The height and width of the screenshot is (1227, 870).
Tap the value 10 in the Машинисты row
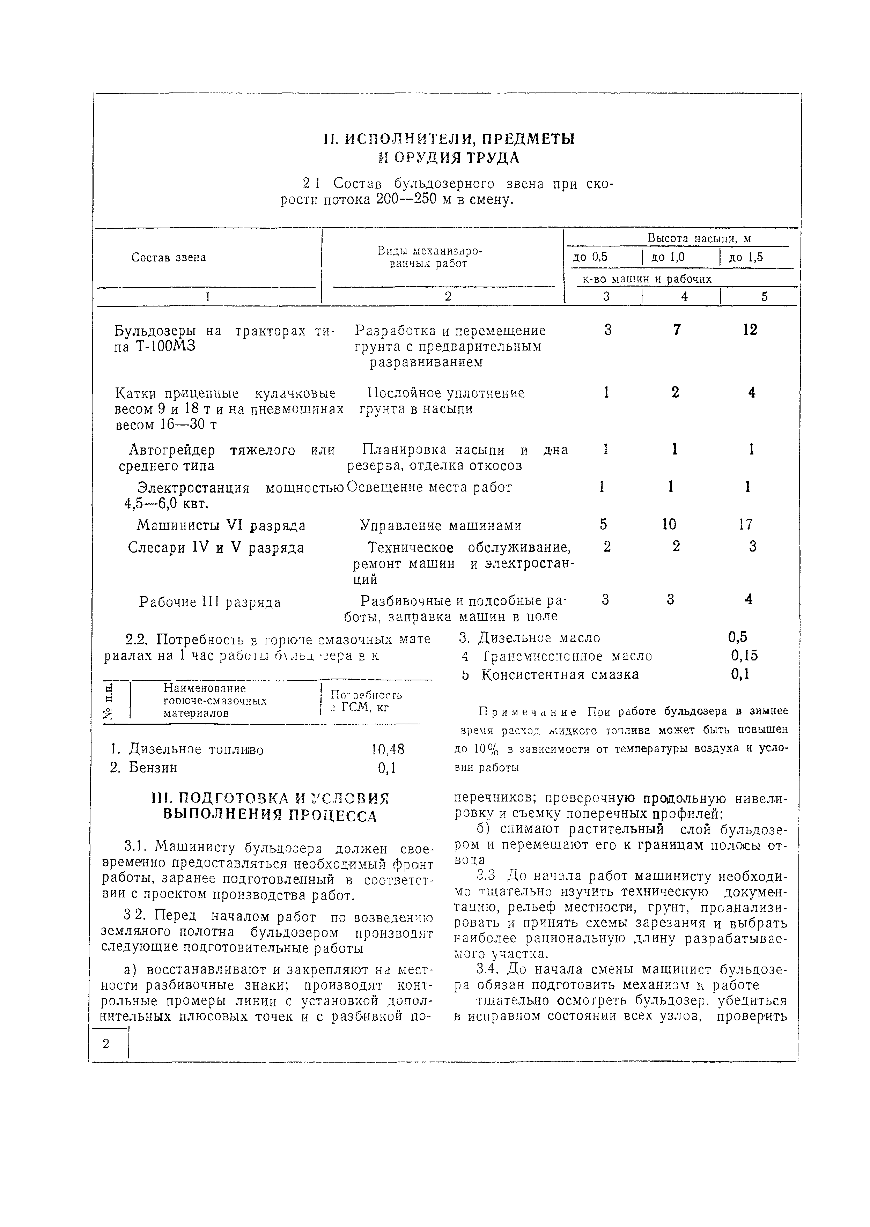pos(669,524)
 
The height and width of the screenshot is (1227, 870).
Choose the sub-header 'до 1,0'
pos(668,257)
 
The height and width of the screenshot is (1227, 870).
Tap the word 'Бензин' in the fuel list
pos(153,768)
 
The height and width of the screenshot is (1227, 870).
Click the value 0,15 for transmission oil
pos(745,656)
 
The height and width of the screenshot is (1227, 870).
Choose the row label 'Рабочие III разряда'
pos(210,602)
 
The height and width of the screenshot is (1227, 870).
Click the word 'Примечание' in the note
pos(528,712)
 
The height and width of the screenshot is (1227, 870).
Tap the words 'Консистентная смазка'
pos(560,674)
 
